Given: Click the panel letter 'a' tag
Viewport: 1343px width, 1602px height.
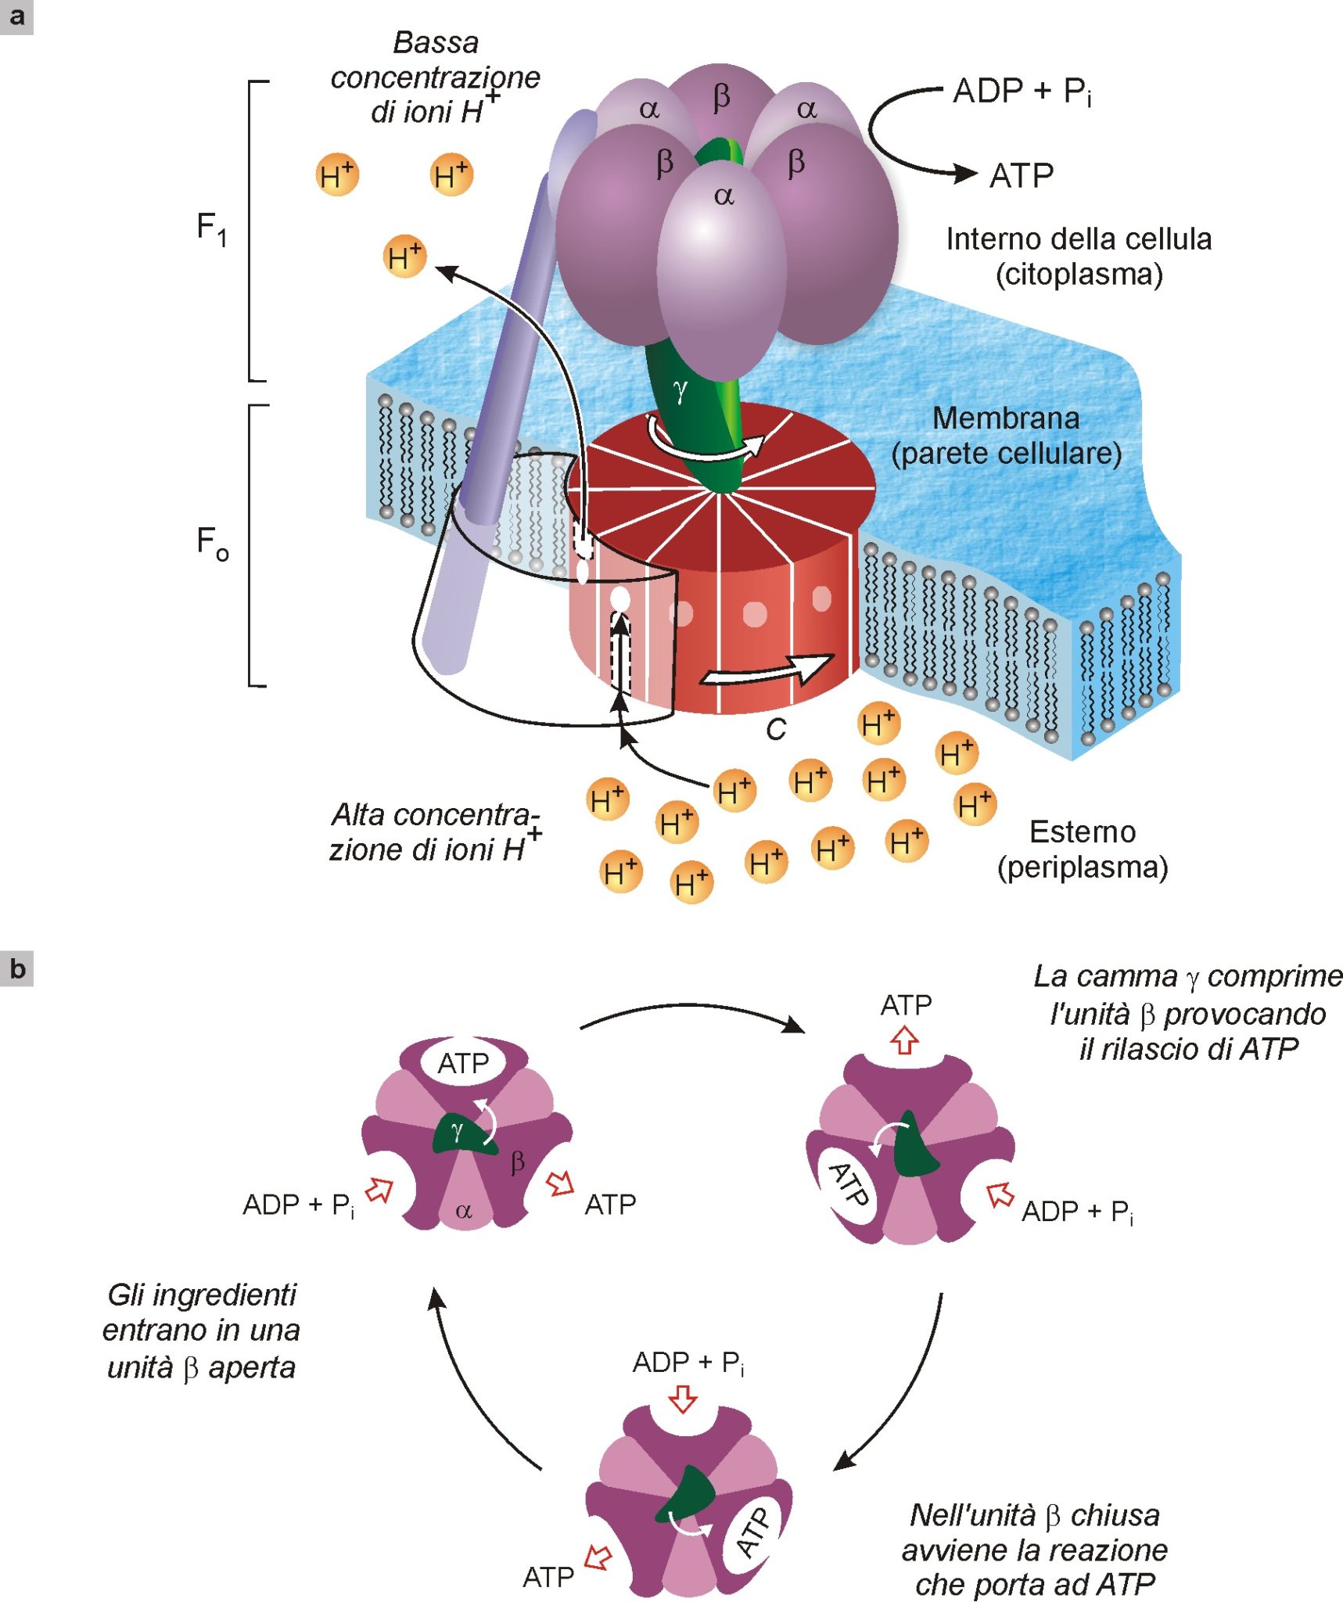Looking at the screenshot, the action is (x=16, y=16).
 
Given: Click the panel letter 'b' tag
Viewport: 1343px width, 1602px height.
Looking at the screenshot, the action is (x=16, y=968).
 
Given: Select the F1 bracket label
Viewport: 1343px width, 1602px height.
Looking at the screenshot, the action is (x=211, y=229).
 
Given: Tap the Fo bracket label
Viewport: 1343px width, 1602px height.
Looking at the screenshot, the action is (x=212, y=543).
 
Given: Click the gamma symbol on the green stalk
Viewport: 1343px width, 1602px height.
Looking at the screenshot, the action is (x=680, y=389).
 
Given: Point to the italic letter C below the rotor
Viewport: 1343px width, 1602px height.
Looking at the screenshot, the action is (x=775, y=729).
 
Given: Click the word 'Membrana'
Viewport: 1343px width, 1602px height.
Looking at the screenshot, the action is (x=1006, y=418).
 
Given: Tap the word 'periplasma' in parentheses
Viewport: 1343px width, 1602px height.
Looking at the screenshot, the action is (x=1083, y=867).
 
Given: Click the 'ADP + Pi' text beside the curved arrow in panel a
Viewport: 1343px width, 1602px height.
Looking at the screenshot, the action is (x=1022, y=92).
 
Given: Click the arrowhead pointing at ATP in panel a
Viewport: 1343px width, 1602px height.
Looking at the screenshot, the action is (x=966, y=173).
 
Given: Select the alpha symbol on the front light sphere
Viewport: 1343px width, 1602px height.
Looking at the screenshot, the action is (x=724, y=196).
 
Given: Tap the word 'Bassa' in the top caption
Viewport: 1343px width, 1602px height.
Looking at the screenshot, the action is (x=436, y=42).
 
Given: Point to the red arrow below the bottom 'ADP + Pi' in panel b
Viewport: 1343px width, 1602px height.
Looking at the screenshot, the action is (x=684, y=1399).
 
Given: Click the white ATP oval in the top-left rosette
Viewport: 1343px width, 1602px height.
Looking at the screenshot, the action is (x=463, y=1063).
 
